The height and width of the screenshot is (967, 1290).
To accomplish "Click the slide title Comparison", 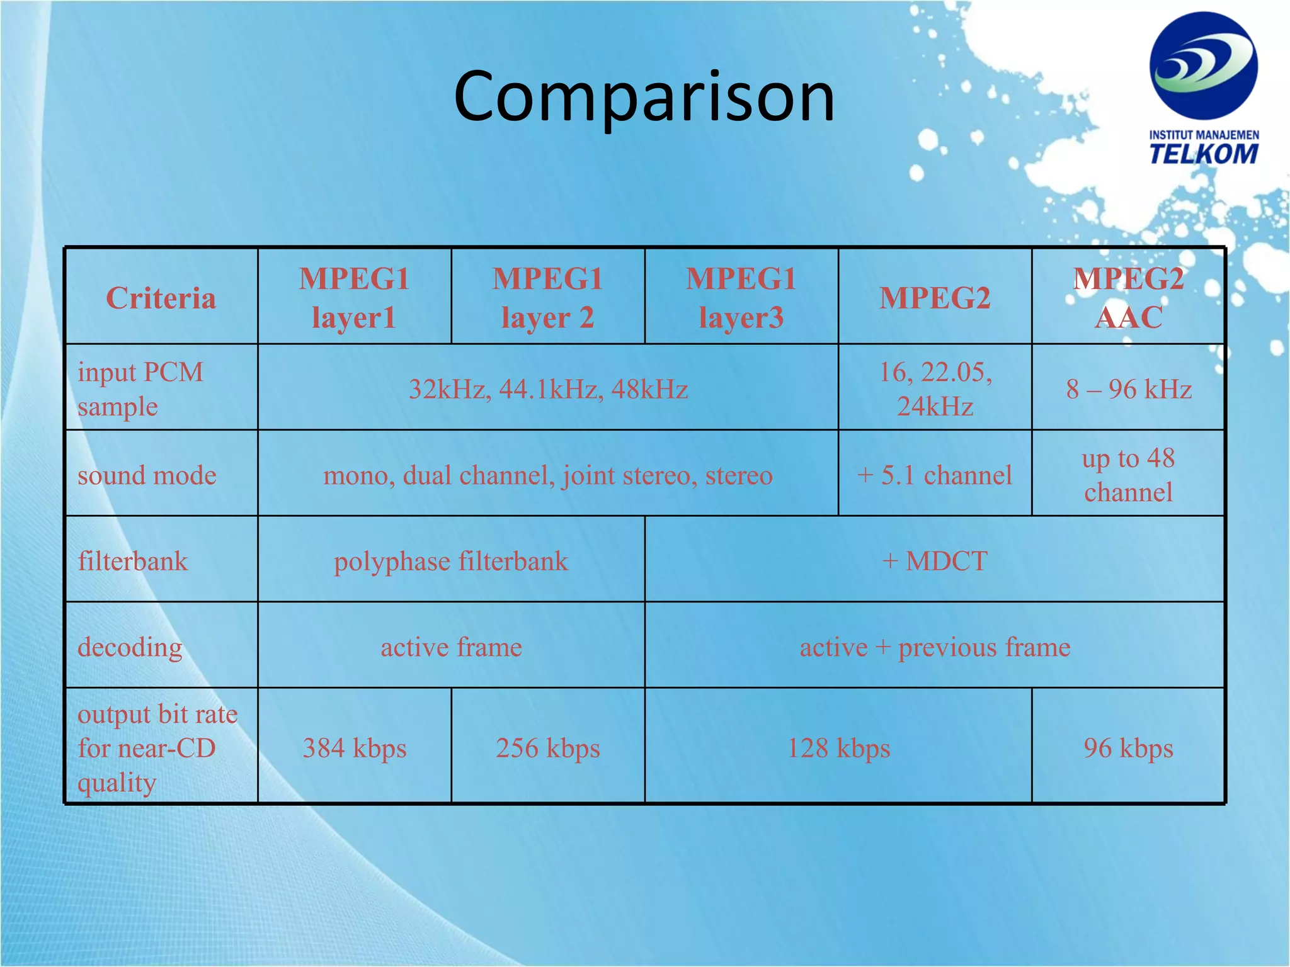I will tap(644, 97).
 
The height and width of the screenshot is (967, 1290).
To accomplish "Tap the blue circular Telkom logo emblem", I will tap(1203, 65).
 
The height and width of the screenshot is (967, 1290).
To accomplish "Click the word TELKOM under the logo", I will tap(1204, 154).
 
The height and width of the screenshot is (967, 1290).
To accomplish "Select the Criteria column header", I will tap(161, 298).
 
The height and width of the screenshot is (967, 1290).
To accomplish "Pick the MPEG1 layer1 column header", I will tap(354, 298).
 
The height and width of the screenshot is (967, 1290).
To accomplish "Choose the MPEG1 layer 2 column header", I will tap(547, 298).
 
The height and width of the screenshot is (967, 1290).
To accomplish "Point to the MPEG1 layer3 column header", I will tap(741, 298).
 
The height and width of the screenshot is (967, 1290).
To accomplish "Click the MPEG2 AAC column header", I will tap(1128, 298).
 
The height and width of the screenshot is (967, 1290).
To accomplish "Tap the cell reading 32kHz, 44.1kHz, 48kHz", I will tap(548, 389).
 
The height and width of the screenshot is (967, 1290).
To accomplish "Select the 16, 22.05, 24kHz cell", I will tap(935, 389).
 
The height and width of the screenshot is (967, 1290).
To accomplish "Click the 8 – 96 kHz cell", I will tap(1128, 389).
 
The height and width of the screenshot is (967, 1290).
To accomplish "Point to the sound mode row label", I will tap(147, 475).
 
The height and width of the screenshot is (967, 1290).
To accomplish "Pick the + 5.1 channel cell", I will tap(935, 475).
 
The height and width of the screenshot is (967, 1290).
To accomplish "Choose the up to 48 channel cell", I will tap(1128, 475).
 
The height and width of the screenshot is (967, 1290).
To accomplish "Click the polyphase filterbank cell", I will tap(451, 561).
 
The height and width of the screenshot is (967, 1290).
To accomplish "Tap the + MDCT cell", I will tap(935, 561).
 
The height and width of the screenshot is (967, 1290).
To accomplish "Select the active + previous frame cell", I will tap(935, 647).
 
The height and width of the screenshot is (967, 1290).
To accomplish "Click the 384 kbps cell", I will tap(354, 748).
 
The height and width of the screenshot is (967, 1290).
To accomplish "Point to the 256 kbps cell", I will tap(547, 748).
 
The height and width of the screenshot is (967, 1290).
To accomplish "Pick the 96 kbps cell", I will tap(1128, 748).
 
